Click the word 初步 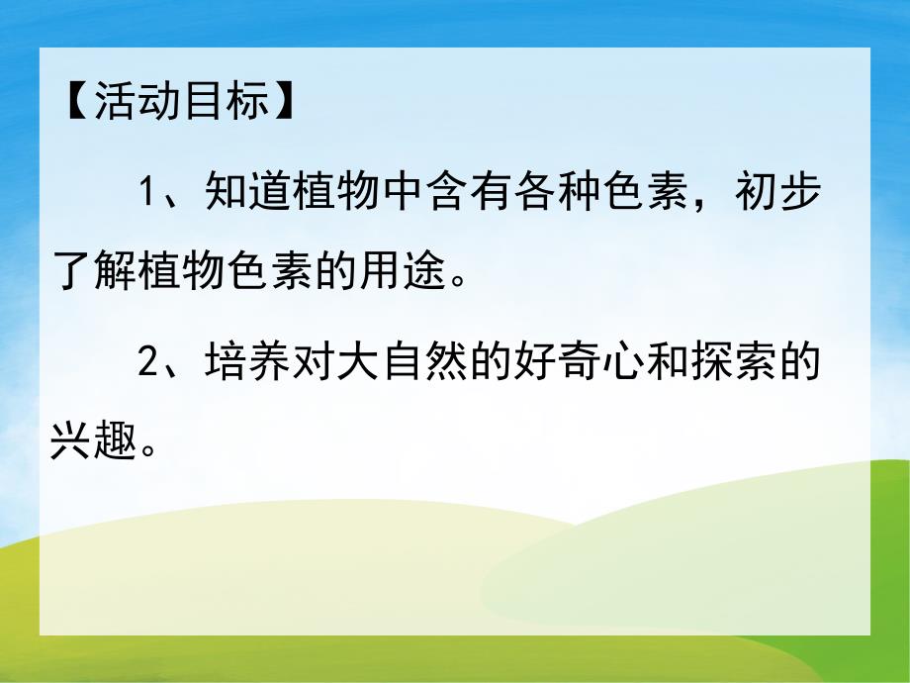point(777,191)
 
